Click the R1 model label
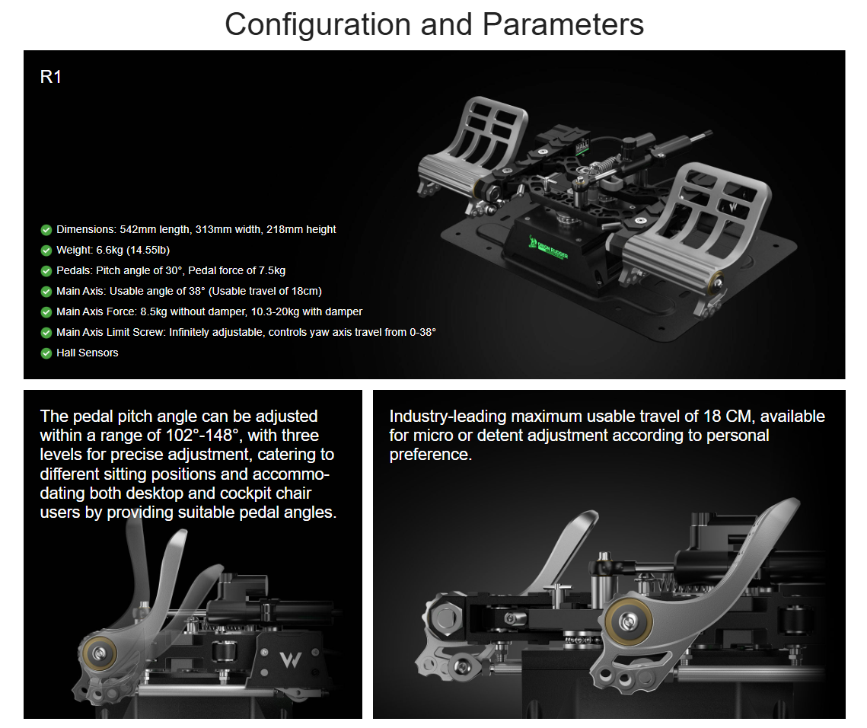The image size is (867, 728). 50,77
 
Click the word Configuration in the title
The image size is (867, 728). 318,25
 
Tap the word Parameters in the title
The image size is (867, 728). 563,25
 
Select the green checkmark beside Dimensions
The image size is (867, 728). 46,230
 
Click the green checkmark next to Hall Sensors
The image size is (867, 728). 46,353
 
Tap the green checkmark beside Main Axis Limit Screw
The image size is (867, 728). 46,333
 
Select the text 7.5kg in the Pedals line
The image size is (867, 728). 272,270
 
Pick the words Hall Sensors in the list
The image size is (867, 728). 88,353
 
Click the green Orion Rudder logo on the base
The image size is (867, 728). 547,248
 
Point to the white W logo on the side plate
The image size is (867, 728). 290,659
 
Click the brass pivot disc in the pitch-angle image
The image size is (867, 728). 100,654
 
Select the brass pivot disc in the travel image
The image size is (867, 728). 628,622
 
